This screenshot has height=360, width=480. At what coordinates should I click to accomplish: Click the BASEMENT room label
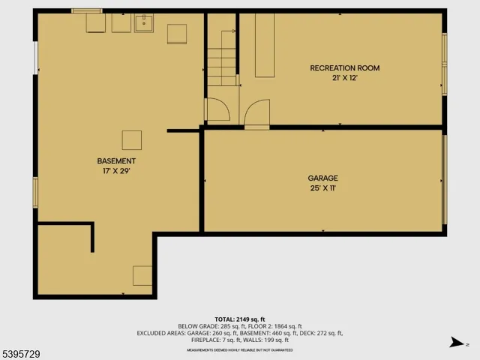pos(116,161)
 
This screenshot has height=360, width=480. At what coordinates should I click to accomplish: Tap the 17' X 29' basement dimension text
pos(116,171)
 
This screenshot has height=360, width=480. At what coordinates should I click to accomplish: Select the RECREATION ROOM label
pos(345,68)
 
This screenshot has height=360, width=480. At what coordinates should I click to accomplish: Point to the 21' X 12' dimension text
pos(345,78)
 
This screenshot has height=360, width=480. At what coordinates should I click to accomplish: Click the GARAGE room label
pos(322,178)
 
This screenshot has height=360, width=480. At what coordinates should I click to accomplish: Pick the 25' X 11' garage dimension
pos(322,188)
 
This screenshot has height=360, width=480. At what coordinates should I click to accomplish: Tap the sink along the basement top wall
pos(143,24)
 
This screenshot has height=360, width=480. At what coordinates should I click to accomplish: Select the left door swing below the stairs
pos(217,110)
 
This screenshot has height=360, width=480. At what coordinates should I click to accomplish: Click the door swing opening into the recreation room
pos(256,114)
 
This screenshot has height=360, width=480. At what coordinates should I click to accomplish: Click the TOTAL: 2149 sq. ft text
pos(240,319)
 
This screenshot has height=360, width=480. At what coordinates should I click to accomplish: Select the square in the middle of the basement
pos(132,140)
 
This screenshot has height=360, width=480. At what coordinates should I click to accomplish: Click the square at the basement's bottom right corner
pos(142,275)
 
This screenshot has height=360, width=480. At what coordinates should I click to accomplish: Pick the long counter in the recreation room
pos(264,45)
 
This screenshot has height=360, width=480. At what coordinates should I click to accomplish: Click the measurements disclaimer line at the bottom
pos(240,349)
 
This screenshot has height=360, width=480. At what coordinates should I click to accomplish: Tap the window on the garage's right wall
pos(445,180)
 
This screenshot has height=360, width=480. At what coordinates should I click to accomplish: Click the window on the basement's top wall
pos(87,11)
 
